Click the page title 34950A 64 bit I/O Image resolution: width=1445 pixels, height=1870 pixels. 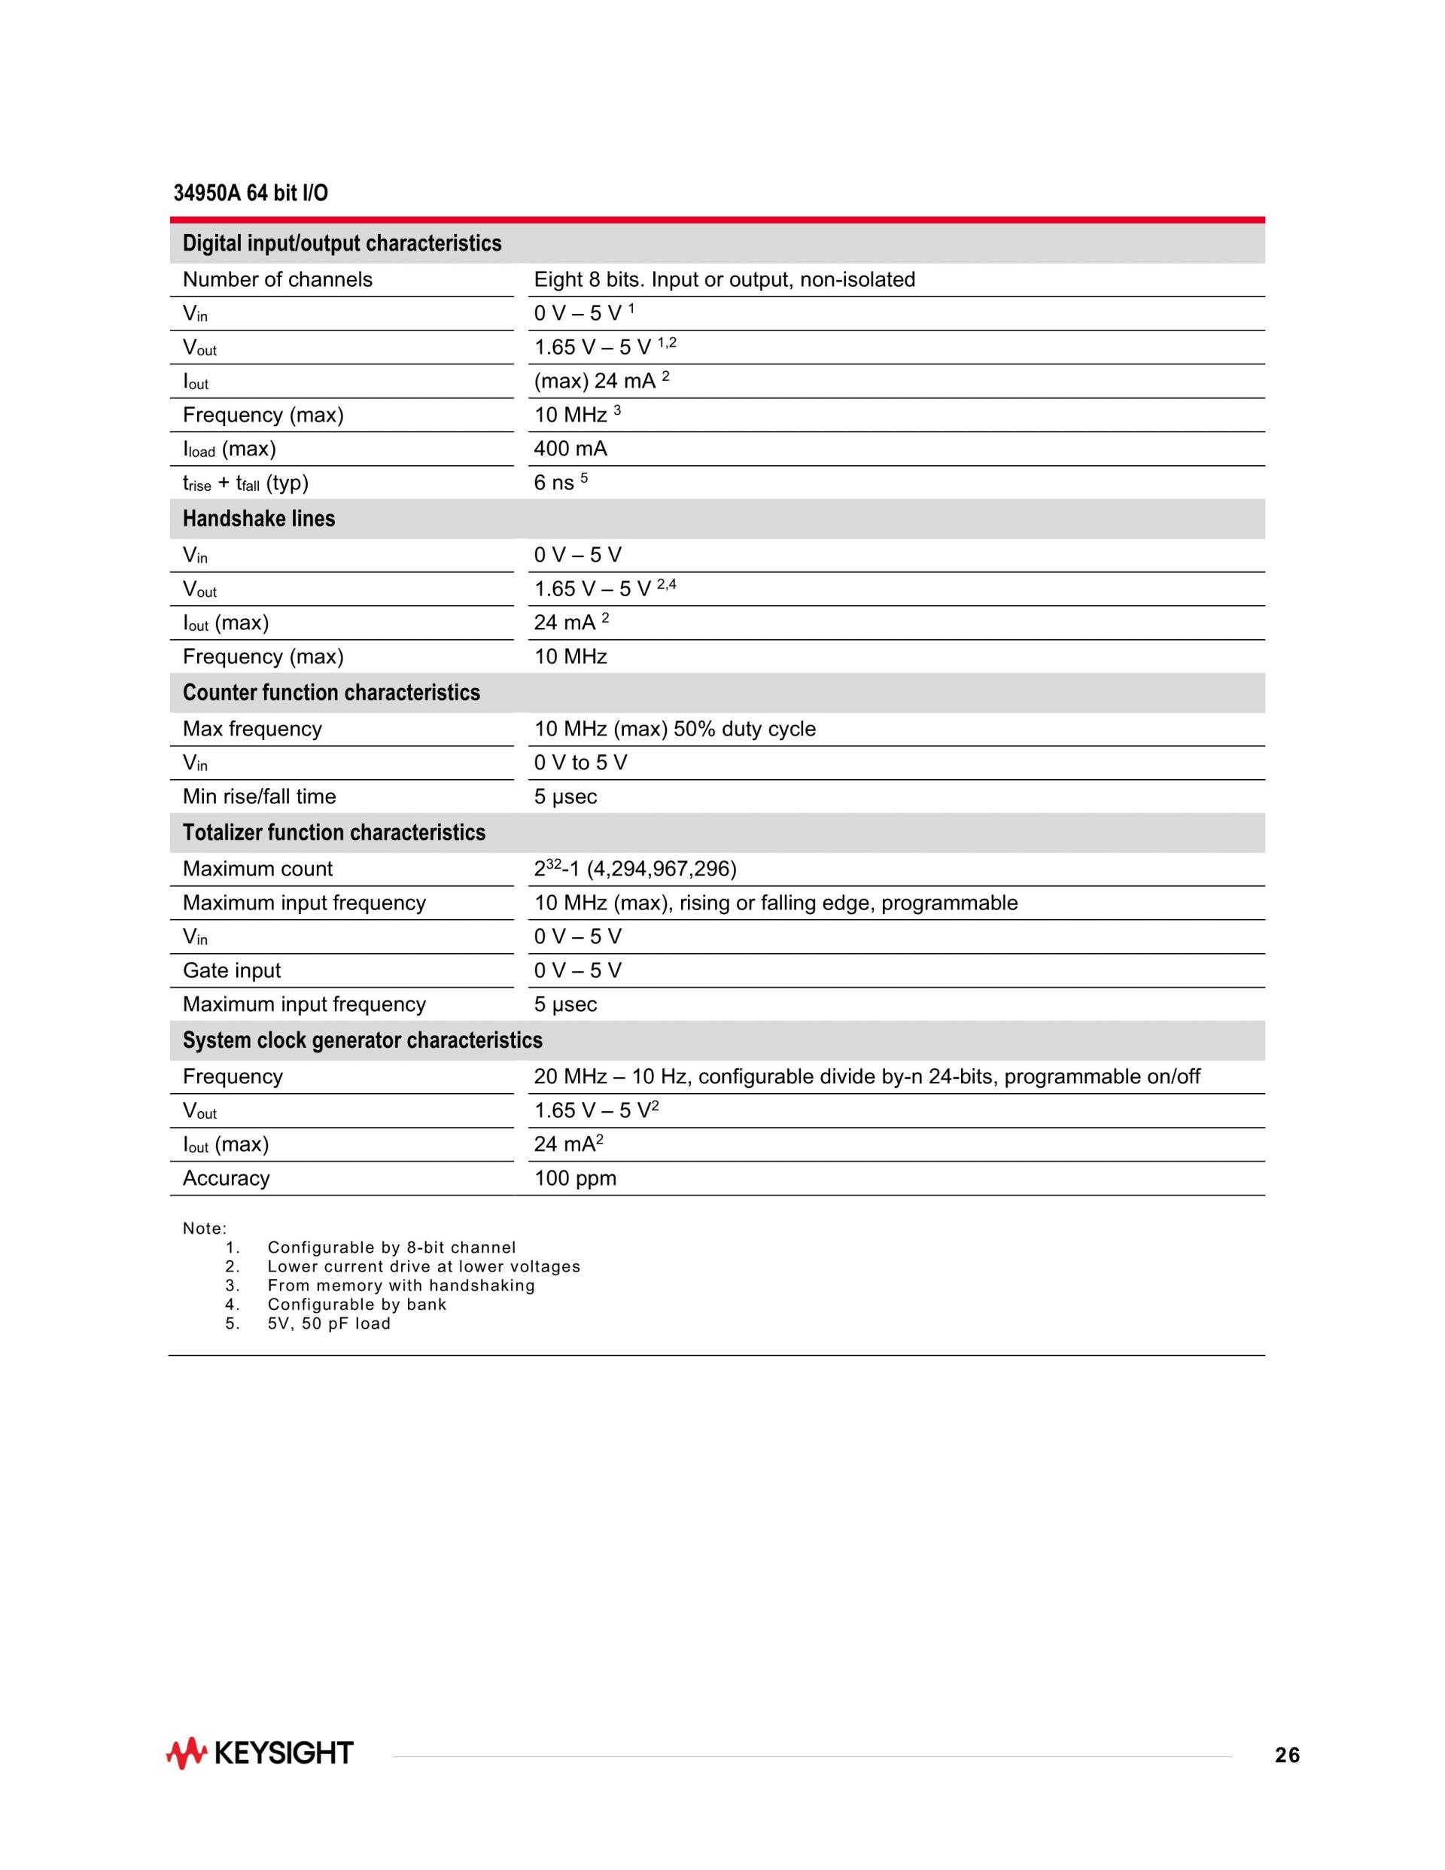point(250,193)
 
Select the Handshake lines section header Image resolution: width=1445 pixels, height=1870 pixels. point(259,519)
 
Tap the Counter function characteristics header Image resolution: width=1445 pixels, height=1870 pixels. point(331,693)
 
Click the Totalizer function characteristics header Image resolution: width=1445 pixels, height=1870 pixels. point(334,833)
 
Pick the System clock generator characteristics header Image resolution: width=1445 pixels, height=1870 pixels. point(362,1040)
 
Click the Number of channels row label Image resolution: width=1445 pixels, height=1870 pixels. point(278,280)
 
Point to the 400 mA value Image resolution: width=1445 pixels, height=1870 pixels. point(570,449)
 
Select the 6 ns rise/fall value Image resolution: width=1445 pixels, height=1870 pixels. point(555,483)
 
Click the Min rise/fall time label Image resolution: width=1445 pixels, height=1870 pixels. point(259,796)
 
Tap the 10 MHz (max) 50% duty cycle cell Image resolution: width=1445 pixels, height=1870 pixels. point(674,729)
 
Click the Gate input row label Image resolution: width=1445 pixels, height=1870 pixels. point(231,970)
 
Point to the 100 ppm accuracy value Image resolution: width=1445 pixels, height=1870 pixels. point(575,1178)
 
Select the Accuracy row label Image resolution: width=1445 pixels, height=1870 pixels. point(226,1178)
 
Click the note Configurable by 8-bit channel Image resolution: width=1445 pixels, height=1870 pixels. point(391,1247)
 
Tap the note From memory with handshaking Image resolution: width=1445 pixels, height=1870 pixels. point(400,1285)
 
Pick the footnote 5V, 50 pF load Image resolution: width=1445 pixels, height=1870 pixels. point(329,1323)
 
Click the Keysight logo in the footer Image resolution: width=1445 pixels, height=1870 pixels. point(260,1753)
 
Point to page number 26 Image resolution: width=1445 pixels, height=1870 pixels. point(1287,1756)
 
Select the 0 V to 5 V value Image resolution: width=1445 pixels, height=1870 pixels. point(580,763)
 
